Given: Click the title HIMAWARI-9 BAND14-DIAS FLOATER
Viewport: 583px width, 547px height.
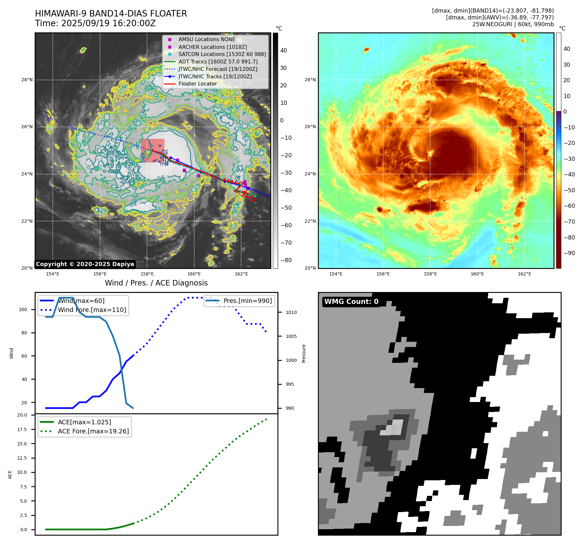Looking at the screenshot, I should [x=111, y=14].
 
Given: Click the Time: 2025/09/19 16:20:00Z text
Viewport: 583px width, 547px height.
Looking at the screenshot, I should [x=95, y=23].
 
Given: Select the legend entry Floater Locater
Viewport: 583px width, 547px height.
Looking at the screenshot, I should [x=197, y=84].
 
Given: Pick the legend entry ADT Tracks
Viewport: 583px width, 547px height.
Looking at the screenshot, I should [x=218, y=62].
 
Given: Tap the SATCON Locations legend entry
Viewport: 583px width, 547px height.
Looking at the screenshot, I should [x=222, y=54].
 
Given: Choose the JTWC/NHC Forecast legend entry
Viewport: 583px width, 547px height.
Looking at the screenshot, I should [x=218, y=69].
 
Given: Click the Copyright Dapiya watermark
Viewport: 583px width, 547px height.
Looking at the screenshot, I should [x=85, y=264].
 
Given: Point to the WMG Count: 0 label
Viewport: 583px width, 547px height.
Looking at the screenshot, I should [x=351, y=302].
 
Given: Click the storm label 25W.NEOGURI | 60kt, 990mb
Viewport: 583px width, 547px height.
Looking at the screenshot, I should [x=513, y=24].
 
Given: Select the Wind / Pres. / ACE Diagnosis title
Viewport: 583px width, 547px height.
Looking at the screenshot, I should [x=156, y=283].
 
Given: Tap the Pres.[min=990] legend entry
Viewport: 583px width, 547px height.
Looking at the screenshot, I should [x=248, y=301].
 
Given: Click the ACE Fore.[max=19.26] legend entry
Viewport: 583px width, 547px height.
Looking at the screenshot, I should [x=93, y=431].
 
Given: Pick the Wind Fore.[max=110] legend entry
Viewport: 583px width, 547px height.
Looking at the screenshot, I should [x=92, y=310].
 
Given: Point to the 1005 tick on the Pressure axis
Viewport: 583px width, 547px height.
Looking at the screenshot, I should [x=291, y=336].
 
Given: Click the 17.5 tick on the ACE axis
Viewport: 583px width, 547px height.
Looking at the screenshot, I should [x=22, y=430].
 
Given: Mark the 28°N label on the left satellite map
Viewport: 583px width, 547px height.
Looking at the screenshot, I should [x=27, y=80].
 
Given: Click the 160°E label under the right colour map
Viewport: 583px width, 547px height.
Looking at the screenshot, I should [x=477, y=274].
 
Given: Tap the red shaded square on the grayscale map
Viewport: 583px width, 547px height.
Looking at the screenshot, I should [x=152, y=151].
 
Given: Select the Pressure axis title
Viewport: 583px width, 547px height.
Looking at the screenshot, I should [x=304, y=353].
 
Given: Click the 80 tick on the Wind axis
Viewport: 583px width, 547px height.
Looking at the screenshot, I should [x=24, y=333].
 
